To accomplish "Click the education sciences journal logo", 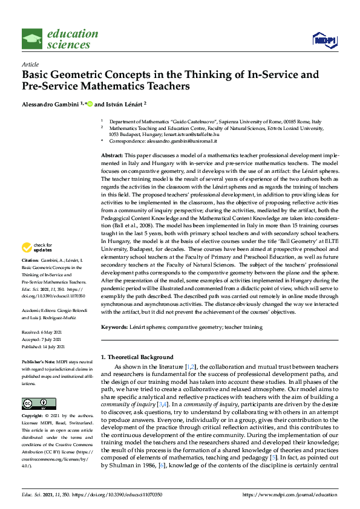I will pyautogui.click(x=60, y=38).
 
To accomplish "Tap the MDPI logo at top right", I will pyautogui.click(x=323, y=40).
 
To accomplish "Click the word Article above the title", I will pyautogui.click(x=30, y=64).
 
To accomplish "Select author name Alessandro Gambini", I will pyautogui.click(x=50, y=104).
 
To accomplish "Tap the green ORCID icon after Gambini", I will pyautogui.click(x=90, y=104).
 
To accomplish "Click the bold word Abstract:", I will pyautogui.click(x=113, y=156).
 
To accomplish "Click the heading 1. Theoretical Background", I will pyautogui.click(x=137, y=357).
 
